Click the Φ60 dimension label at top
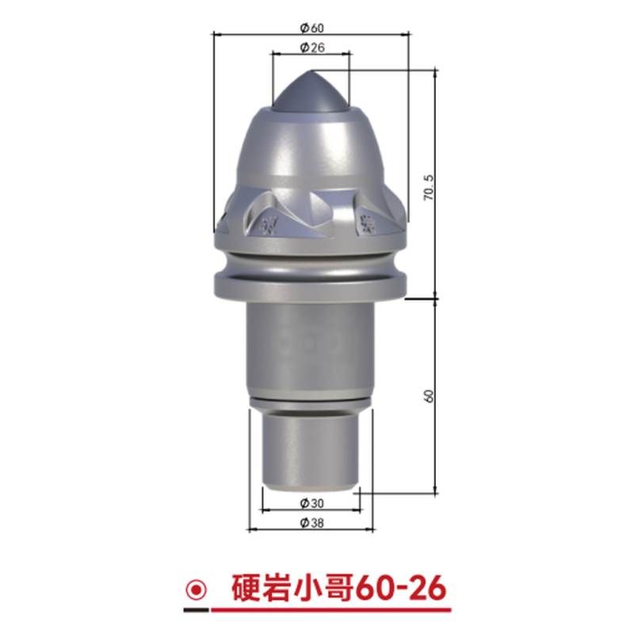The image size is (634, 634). coord(311,28)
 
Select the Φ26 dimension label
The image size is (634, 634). coord(312,48)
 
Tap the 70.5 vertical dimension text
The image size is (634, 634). coord(429,188)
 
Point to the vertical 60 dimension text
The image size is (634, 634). coord(429,395)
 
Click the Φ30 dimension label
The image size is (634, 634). coord(311,503)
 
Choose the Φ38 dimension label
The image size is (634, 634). coord(311,523)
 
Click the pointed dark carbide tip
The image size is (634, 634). coord(311,92)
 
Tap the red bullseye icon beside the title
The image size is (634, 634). coord(197,590)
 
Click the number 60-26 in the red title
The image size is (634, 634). coord(401,588)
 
